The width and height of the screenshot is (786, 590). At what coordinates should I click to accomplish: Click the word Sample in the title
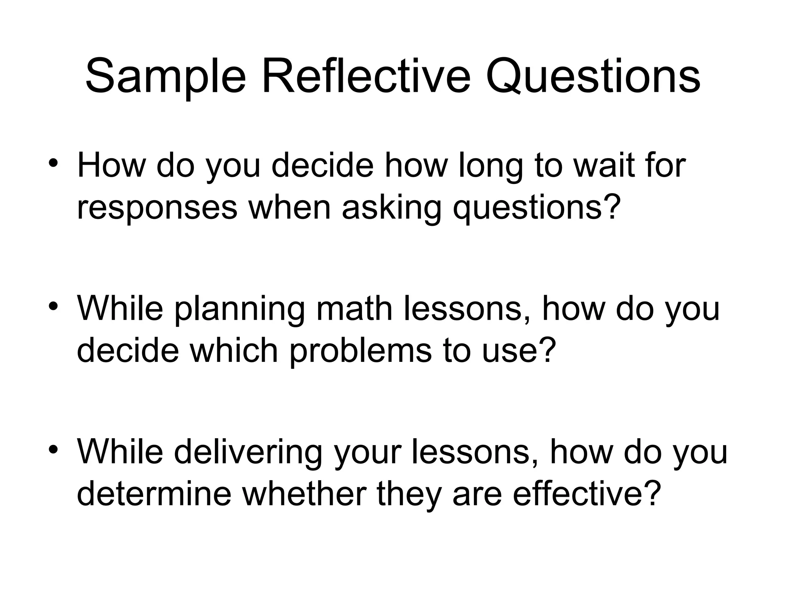[165, 77]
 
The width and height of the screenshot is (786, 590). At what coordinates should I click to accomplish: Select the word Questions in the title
[593, 77]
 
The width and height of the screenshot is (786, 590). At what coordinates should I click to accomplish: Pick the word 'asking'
[391, 209]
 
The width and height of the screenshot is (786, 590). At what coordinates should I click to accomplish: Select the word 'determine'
[154, 493]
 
